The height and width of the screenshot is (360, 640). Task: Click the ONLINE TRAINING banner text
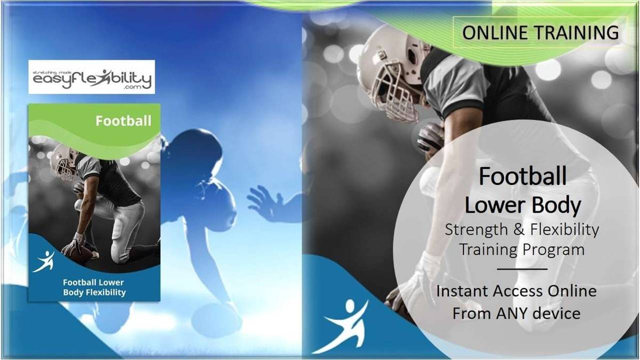click(x=540, y=32)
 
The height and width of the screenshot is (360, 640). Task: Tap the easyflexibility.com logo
click(x=91, y=77)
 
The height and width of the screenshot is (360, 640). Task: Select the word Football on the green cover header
click(x=123, y=121)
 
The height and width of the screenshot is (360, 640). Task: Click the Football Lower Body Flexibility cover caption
click(x=94, y=287)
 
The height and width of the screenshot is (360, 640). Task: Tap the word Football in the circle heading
click(x=522, y=176)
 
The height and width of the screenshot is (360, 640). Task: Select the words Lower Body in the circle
click(x=522, y=205)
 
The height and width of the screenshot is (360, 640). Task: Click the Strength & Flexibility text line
click(x=522, y=229)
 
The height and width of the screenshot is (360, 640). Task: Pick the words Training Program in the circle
click(x=522, y=249)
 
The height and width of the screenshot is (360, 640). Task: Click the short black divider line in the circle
click(x=522, y=269)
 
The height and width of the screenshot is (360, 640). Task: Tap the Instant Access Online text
click(x=516, y=291)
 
